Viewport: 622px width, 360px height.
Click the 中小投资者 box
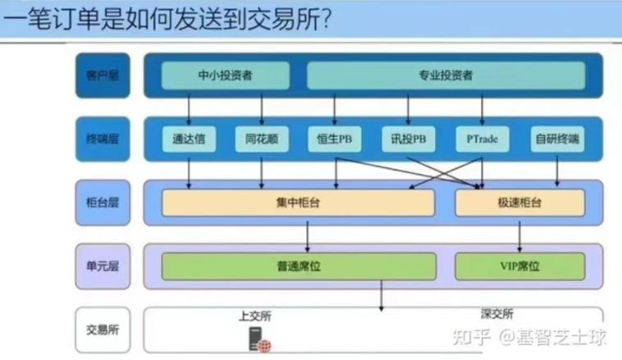tap(225, 76)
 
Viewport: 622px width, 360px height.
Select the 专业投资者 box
tap(446, 76)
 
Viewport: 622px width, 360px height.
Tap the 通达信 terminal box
tap(189, 139)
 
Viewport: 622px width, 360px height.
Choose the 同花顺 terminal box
tap(262, 139)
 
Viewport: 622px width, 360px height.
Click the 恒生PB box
tap(335, 139)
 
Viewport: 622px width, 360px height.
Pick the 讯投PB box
tap(408, 139)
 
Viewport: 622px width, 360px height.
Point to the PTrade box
tap(482, 139)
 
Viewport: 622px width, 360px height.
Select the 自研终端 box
tap(557, 139)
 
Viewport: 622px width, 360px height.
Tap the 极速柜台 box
tap(519, 203)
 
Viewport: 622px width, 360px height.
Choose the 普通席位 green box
tap(298, 266)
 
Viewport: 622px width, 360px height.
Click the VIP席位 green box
tap(519, 266)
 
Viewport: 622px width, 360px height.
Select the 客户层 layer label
tap(103, 75)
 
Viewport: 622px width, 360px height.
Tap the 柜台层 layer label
tap(103, 203)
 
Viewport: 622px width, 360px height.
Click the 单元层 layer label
tap(103, 266)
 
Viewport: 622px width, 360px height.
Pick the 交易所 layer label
tap(103, 330)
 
